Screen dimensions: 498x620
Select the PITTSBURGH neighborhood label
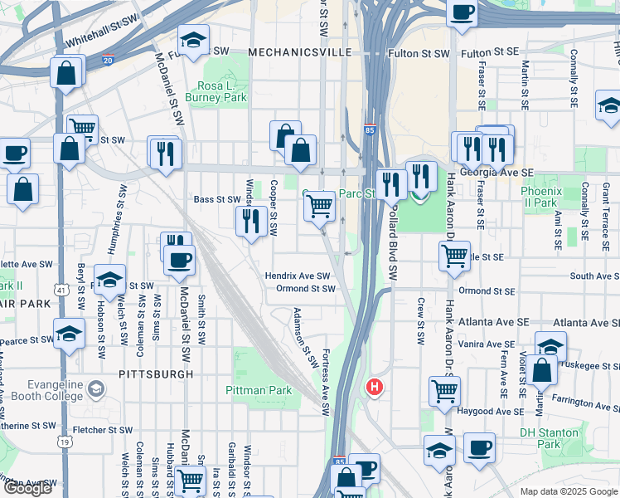(156, 374)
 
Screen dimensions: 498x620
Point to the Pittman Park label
(259, 389)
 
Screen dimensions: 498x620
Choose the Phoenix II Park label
(540, 197)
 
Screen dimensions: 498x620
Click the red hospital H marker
(375, 387)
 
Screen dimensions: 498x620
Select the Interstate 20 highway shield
(108, 60)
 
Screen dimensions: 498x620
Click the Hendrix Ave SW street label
(298, 276)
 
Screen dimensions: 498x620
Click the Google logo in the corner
(27, 488)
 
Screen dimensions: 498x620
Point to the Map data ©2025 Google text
(568, 491)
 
